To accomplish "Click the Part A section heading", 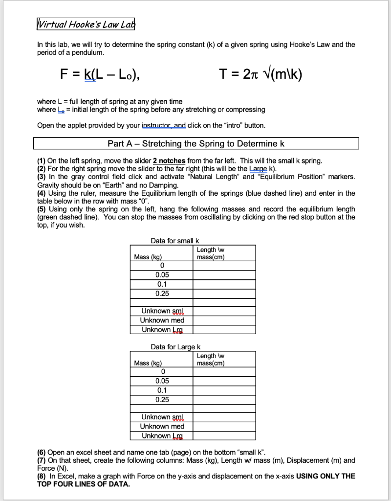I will (x=196, y=144).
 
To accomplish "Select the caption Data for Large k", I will (x=175, y=347).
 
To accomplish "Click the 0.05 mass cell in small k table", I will (x=161, y=275).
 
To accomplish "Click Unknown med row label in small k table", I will (x=162, y=320).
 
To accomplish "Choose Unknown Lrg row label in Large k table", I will (x=162, y=435).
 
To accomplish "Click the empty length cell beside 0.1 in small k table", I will (x=224, y=284).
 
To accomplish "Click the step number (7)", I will (x=42, y=460).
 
